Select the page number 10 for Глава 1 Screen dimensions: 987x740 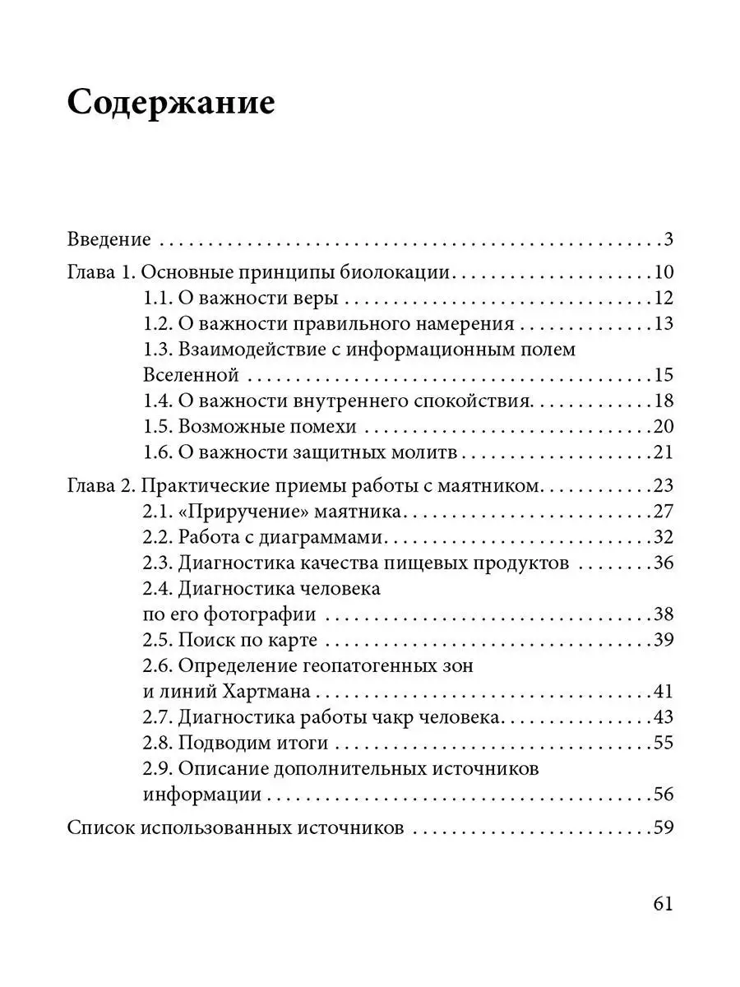pyautogui.click(x=664, y=273)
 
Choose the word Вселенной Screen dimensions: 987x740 pyautogui.click(x=191, y=375)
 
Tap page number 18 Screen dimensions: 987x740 pyautogui.click(x=664, y=401)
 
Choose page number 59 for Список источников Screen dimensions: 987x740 pyautogui.click(x=664, y=827)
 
